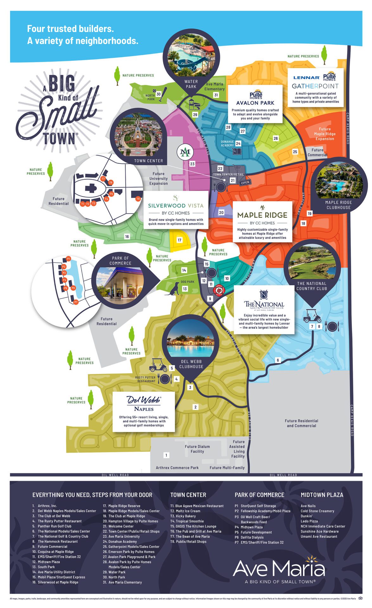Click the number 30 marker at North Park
(x=158, y=94)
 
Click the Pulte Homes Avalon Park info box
(x=255, y=104)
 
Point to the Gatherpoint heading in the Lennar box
(x=315, y=86)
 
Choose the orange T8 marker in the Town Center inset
(x=138, y=199)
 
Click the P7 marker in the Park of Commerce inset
(x=76, y=302)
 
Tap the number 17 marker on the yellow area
(x=179, y=240)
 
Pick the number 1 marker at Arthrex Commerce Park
(x=166, y=455)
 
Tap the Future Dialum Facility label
(x=197, y=449)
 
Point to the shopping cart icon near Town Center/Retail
(x=237, y=168)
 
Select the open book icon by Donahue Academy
(x=237, y=152)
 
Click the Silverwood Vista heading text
(x=176, y=206)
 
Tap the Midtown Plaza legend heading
(x=322, y=495)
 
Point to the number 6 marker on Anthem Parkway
(x=278, y=360)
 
